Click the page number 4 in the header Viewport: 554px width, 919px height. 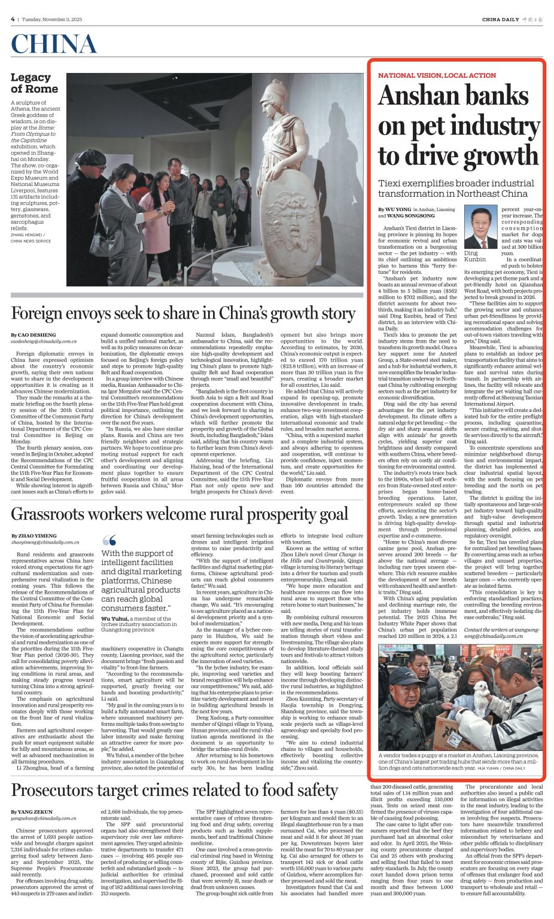click(13, 19)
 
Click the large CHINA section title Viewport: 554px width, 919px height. click(54, 44)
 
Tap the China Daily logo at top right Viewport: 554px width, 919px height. click(512, 20)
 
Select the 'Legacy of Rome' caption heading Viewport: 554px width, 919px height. click(34, 83)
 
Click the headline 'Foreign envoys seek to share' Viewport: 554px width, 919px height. click(183, 313)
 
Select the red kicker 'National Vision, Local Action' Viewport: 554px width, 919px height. click(437, 75)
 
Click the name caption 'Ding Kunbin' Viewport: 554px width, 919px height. click(475, 256)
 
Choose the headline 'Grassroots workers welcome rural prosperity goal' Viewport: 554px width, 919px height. click(179, 514)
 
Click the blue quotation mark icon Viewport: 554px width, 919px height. click(109, 541)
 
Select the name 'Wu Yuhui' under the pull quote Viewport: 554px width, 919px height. click(114, 618)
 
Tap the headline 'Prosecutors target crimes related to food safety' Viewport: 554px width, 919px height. click(174, 790)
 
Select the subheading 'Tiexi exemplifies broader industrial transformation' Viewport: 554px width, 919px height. click(453, 188)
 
